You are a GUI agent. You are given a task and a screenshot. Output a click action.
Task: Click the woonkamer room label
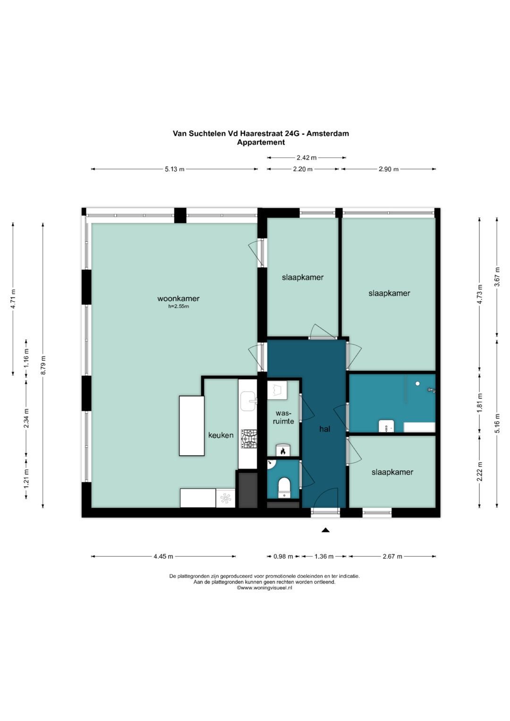[x=178, y=298]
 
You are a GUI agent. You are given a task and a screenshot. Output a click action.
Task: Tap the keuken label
[x=221, y=435]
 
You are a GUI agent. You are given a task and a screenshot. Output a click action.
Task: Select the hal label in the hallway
[x=324, y=429]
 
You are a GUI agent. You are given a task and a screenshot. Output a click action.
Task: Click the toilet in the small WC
[x=284, y=488]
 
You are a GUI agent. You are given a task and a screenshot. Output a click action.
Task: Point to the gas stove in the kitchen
[x=249, y=439]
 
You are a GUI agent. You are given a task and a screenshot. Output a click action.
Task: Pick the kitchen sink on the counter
[x=248, y=401]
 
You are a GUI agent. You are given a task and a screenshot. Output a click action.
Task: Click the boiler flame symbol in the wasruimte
[x=283, y=451]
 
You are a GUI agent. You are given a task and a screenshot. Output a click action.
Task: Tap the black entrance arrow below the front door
[x=325, y=530]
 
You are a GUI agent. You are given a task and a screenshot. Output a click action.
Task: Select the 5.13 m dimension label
[x=175, y=170]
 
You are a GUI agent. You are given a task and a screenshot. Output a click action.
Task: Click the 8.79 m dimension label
[x=43, y=365]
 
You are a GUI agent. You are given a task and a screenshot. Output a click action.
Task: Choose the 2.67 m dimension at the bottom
[x=392, y=556]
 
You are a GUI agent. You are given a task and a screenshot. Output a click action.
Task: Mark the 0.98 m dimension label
[x=283, y=556]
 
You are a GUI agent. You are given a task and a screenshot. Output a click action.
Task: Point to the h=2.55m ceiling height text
[x=178, y=306]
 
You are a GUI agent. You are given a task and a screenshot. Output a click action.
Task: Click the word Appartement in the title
[x=261, y=142]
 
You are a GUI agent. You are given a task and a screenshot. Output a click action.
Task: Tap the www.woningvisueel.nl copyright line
[x=264, y=587]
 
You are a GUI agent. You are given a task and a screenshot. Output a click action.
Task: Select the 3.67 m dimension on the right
[x=497, y=277]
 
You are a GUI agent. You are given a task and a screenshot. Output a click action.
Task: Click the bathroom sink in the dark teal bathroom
[x=386, y=426]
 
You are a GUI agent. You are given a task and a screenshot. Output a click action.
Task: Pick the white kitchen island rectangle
[x=192, y=425]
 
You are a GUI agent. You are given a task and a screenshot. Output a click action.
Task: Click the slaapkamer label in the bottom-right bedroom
[x=392, y=472]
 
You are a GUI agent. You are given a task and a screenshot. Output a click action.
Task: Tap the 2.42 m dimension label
[x=306, y=158]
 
